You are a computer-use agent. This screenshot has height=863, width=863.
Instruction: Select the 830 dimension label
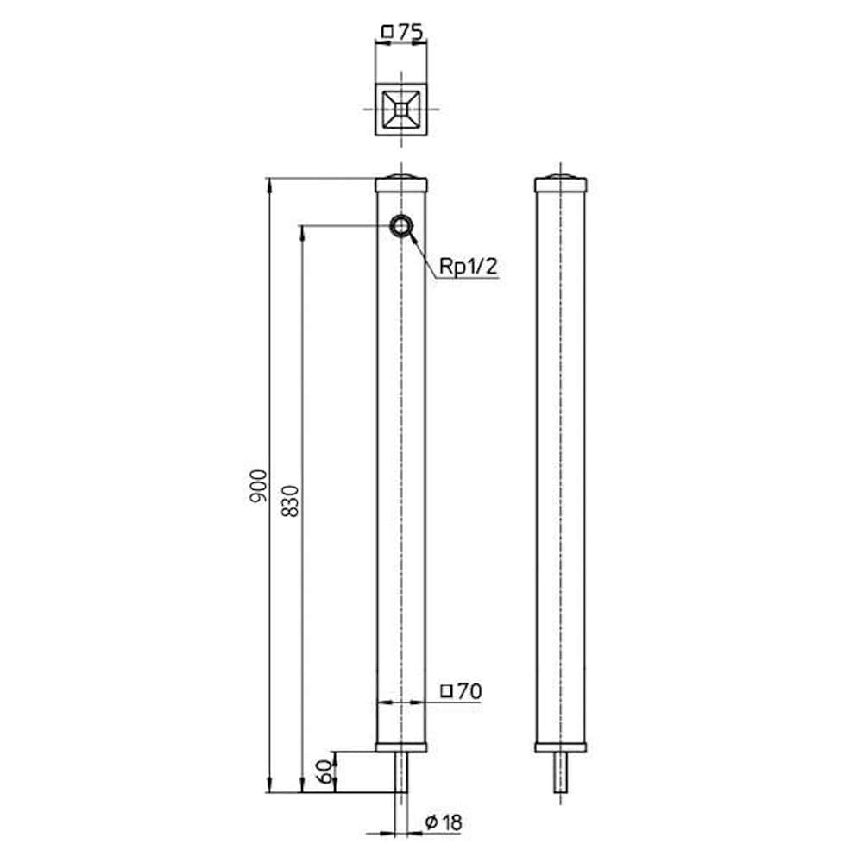coord(290,499)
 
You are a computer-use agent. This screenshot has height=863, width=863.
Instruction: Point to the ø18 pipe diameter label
coord(444,822)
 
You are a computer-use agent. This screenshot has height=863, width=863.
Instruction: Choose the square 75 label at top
coord(402,33)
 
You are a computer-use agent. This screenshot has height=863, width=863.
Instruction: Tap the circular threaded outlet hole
coord(401,226)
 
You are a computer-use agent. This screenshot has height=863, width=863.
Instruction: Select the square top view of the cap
coord(401,110)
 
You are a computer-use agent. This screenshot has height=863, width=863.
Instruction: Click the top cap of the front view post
coord(401,184)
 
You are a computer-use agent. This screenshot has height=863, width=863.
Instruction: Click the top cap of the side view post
coord(561,184)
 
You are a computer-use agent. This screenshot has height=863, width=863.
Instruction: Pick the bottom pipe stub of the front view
coord(401,772)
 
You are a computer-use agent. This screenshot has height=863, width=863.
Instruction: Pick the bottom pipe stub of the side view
coord(561,772)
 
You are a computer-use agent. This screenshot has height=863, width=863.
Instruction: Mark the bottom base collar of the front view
coord(401,746)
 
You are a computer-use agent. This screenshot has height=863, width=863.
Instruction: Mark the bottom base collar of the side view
coord(561,746)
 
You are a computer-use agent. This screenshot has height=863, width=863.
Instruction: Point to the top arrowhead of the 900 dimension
coord(269,183)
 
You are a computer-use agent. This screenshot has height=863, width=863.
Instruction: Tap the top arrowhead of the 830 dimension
coord(301,230)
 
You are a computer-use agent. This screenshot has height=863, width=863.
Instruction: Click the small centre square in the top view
coord(401,110)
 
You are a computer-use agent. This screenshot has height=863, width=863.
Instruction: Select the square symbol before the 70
coord(446,691)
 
